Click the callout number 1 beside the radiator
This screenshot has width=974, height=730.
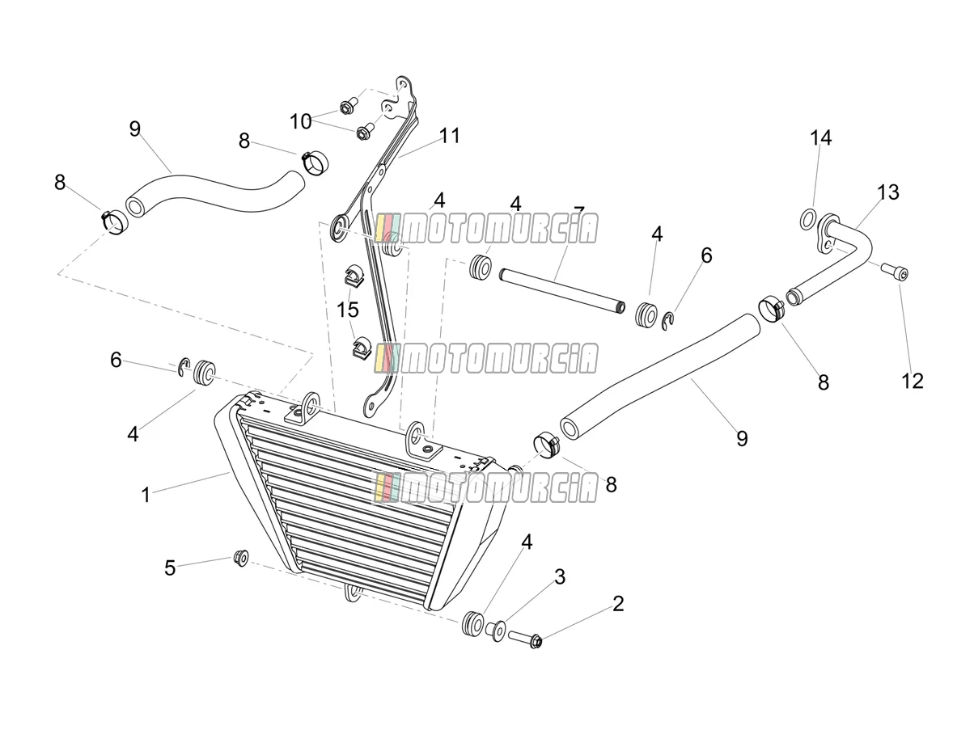pos(146,495)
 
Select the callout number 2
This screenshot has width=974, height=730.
pos(618,604)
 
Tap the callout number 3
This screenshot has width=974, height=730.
pos(560,577)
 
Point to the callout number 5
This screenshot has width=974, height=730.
pos(170,568)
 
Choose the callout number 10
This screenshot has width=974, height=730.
pos(301,121)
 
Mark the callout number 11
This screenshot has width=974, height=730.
pos(450,136)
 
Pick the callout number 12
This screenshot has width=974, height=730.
pos(913,381)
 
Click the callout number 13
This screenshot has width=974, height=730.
pos(888,192)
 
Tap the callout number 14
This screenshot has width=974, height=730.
pos(821,138)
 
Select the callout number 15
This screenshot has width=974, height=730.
pos(347,310)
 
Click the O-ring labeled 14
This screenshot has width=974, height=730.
pos(807,219)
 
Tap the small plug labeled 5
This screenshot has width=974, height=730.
pos(241,558)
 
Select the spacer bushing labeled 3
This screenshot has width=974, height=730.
pos(495,631)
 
